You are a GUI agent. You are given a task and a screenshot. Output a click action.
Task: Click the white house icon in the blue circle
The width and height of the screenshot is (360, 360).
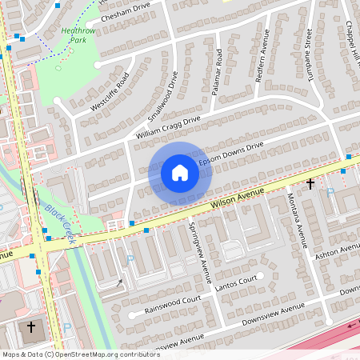coord(180,172)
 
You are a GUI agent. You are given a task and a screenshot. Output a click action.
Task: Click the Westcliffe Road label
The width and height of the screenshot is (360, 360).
coord(110,92)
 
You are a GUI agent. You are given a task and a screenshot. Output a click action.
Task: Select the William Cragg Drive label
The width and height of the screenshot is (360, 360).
coord(168,129)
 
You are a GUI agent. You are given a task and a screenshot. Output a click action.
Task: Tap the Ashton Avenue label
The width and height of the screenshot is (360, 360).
coord(340,251)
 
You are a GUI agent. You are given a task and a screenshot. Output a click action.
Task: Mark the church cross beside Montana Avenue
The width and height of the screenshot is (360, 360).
coord(310,184)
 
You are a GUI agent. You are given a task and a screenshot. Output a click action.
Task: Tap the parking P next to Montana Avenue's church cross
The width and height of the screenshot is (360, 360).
coord(330,193)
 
